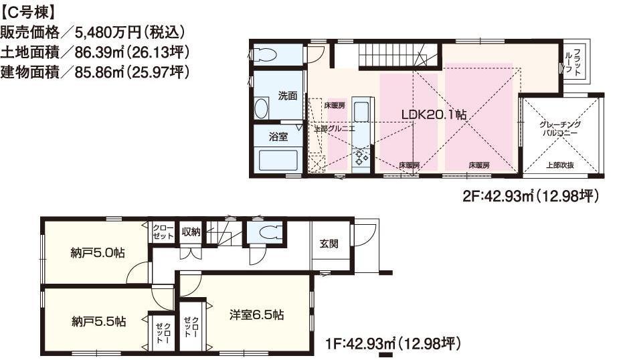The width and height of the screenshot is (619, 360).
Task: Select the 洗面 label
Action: (x=288, y=96)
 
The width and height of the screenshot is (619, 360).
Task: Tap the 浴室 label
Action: (x=278, y=137)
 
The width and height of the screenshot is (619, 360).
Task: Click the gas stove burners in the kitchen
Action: (x=361, y=158)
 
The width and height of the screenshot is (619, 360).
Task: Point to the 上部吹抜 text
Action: (x=560, y=165)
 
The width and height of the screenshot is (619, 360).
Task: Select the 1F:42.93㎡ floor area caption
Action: (x=392, y=344)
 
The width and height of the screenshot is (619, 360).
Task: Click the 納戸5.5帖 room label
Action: (x=98, y=321)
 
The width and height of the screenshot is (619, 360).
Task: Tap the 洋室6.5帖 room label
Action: (x=257, y=314)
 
